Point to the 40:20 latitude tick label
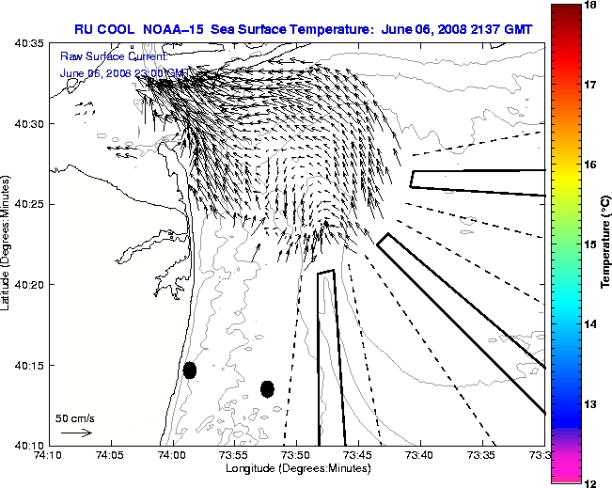(x=27, y=285)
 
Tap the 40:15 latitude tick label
(x=27, y=365)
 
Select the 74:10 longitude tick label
(x=49, y=455)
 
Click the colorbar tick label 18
(x=592, y=6)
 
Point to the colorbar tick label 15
(x=592, y=244)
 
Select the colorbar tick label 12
(x=592, y=482)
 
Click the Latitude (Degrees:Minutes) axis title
(x=8, y=244)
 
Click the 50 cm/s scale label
(x=75, y=418)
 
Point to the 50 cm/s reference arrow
(x=75, y=433)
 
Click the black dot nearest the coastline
(x=189, y=370)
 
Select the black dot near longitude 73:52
(x=267, y=388)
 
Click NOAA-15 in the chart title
(x=176, y=29)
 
